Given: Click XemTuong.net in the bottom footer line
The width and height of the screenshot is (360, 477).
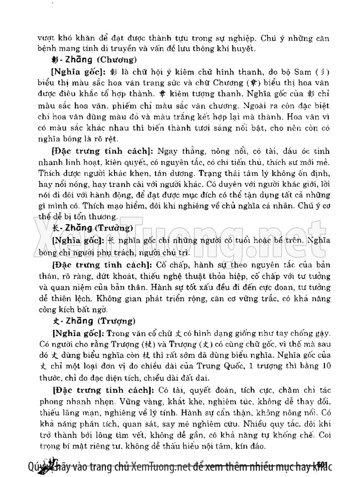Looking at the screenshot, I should click(x=159, y=466).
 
